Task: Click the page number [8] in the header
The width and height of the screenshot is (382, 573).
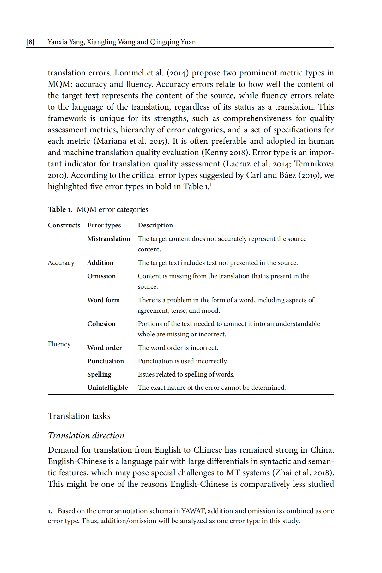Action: (x=31, y=42)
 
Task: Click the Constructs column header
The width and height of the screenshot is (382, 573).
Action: (x=64, y=225)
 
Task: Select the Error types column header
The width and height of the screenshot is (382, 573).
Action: (x=104, y=225)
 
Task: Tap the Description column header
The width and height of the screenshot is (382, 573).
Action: (x=155, y=225)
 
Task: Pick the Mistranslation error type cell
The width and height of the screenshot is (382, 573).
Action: (x=109, y=239)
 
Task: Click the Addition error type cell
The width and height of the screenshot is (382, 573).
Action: (x=100, y=263)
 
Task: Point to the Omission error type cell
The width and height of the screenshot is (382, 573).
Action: (x=101, y=276)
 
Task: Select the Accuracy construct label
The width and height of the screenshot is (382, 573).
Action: (x=61, y=263)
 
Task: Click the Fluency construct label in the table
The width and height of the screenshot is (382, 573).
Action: (x=59, y=344)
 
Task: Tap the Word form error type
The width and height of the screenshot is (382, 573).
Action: (x=103, y=300)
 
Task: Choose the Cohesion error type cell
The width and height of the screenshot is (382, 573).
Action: (x=101, y=324)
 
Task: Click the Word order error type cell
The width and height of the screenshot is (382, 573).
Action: (x=104, y=348)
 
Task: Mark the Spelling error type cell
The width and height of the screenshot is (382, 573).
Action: (x=99, y=374)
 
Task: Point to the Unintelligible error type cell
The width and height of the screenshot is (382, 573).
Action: (x=107, y=388)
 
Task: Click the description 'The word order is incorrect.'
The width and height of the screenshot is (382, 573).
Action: (x=178, y=348)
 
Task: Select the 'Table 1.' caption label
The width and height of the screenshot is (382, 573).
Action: (x=60, y=210)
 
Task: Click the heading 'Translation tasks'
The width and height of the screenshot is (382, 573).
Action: (x=79, y=416)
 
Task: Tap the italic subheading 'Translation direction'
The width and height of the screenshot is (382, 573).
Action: (x=86, y=436)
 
